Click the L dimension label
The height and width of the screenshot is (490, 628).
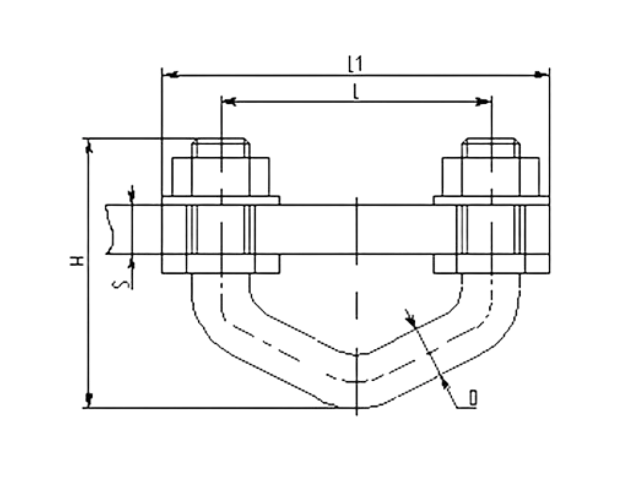(356, 93)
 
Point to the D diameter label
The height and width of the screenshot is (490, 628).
(473, 398)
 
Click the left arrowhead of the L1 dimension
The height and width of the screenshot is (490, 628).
(172, 75)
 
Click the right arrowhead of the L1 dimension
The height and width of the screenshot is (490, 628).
(542, 75)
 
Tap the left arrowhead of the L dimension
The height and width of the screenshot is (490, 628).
(229, 102)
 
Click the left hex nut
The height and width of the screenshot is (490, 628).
(221, 177)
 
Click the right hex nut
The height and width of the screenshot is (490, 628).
(491, 177)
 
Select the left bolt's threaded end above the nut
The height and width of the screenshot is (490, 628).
(221, 148)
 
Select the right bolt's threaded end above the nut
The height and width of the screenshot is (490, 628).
(491, 148)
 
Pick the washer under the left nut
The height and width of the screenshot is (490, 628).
(221, 200)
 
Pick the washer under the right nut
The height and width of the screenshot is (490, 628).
(491, 200)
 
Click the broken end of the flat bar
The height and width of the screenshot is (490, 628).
(110, 229)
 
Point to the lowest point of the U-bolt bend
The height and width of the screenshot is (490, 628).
(356, 407)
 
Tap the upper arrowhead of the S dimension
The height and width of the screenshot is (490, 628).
(132, 196)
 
